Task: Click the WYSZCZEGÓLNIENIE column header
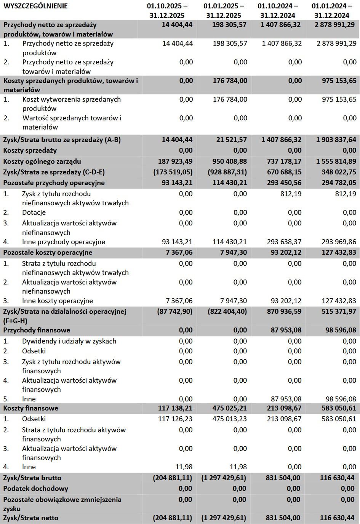pyautogui.click(x=35, y=6)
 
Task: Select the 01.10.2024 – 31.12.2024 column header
pyautogui.click(x=278, y=11)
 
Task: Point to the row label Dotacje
pyautogui.click(x=34, y=212)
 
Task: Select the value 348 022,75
pyautogui.click(x=336, y=172)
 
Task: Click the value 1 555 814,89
pyautogui.click(x=336, y=161)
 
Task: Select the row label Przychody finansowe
pyautogui.click(x=37, y=330)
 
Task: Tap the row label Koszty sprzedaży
pyautogui.click(x=30, y=150)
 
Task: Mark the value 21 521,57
pyautogui.click(x=232, y=140)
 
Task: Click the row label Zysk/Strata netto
pyautogui.click(x=31, y=518)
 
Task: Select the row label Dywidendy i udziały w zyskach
pyautogui.click(x=69, y=341)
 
